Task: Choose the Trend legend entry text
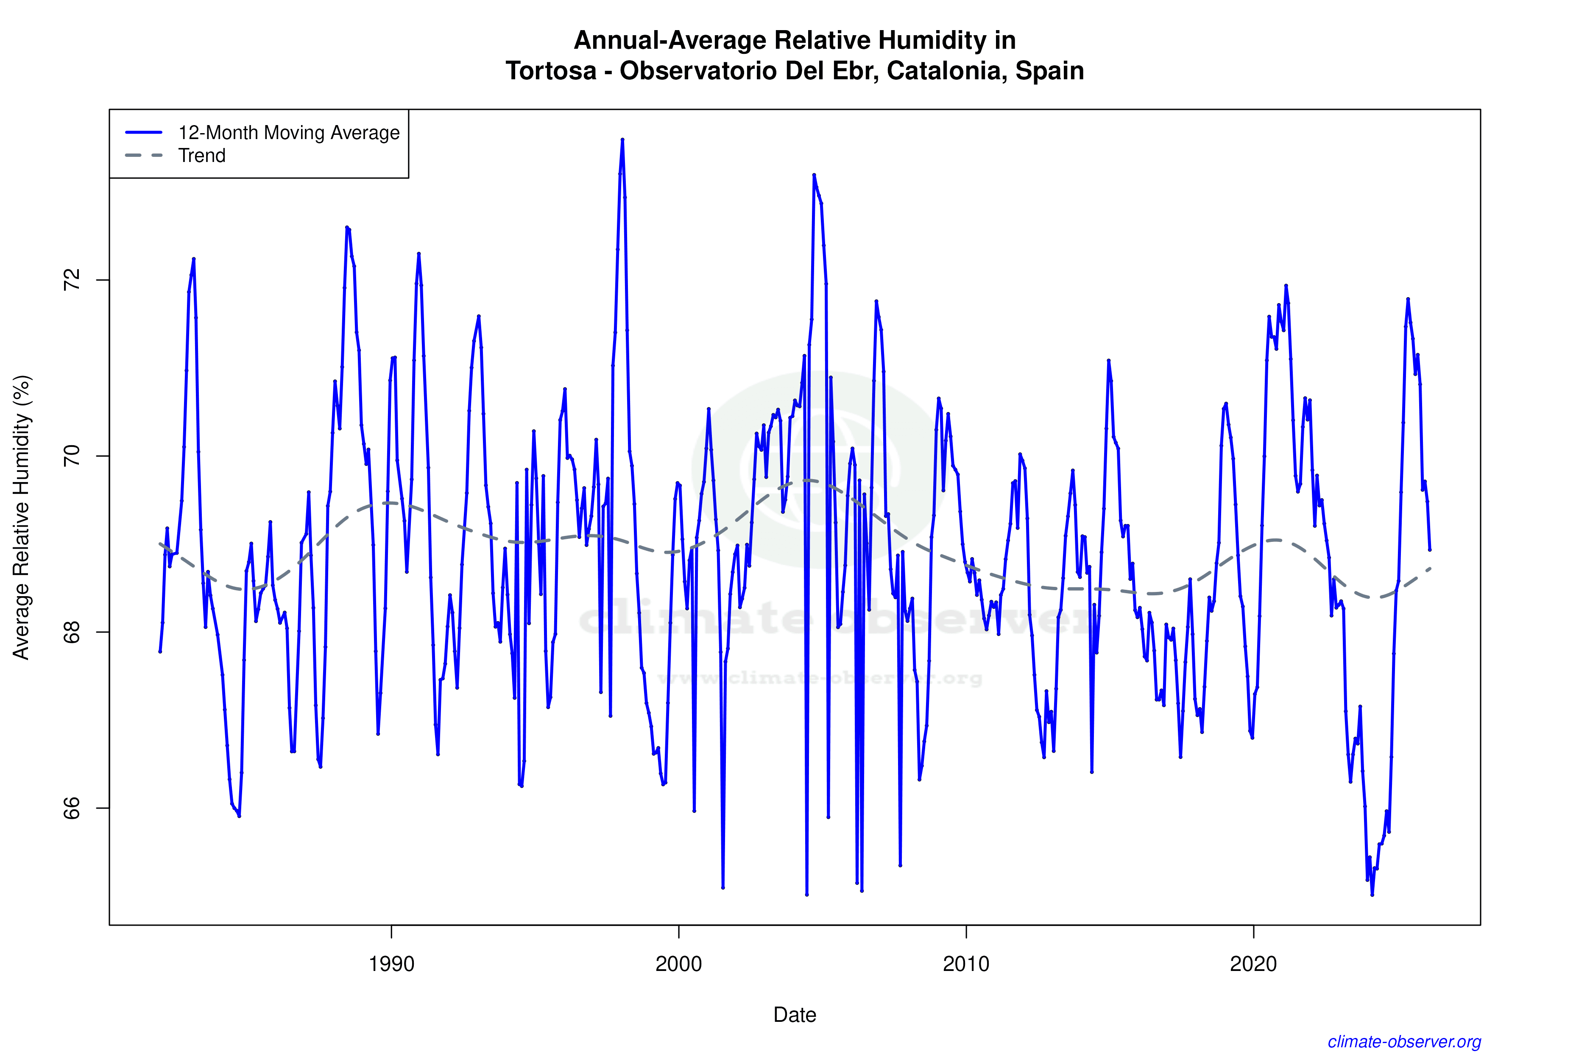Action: [201, 156]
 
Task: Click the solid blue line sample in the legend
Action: [144, 132]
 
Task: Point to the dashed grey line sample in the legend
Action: [144, 156]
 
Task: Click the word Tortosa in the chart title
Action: [550, 70]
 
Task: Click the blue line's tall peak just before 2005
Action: [814, 175]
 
